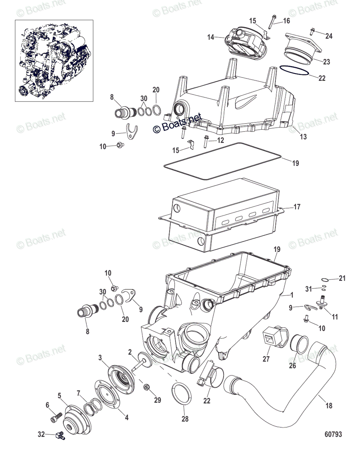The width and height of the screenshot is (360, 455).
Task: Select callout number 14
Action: pos(211,37)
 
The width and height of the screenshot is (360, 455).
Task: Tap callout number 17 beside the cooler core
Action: pos(297,207)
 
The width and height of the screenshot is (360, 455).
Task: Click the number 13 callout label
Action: pos(303,137)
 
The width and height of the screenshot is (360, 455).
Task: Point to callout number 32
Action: pos(41,435)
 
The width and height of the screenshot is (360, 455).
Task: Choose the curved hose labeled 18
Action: pos(288,379)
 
